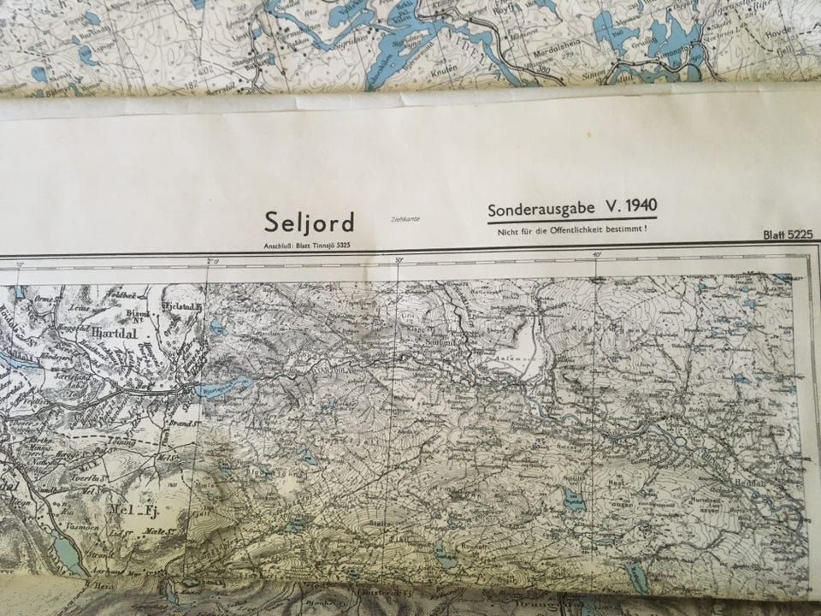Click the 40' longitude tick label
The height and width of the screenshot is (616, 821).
click(x=595, y=255)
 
